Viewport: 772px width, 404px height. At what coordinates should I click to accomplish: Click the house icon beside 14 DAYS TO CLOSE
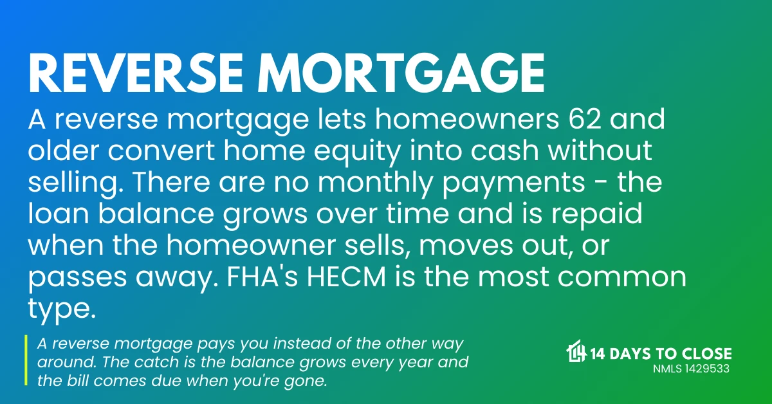pos(576,353)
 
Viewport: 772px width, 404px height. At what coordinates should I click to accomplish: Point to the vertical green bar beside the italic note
pos(26,361)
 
